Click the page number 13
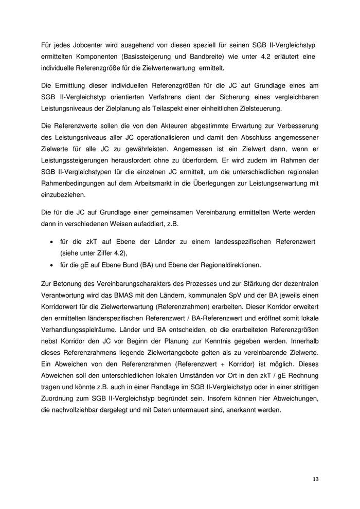coord(315,479)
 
